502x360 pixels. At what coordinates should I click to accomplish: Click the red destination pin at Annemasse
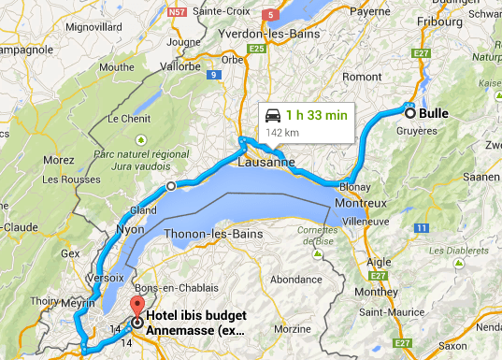coord(137,308)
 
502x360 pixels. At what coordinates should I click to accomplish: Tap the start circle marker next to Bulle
coord(409,113)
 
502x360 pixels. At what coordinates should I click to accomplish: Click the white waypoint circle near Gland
coord(170,186)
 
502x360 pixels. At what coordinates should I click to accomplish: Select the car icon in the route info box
coord(273,116)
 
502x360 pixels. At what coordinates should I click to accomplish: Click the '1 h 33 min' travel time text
coord(318,116)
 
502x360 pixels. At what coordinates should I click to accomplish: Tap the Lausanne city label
coord(266,162)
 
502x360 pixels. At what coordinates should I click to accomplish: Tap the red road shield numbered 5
coord(271,14)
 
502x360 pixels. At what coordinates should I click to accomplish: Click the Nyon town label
coord(131,229)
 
